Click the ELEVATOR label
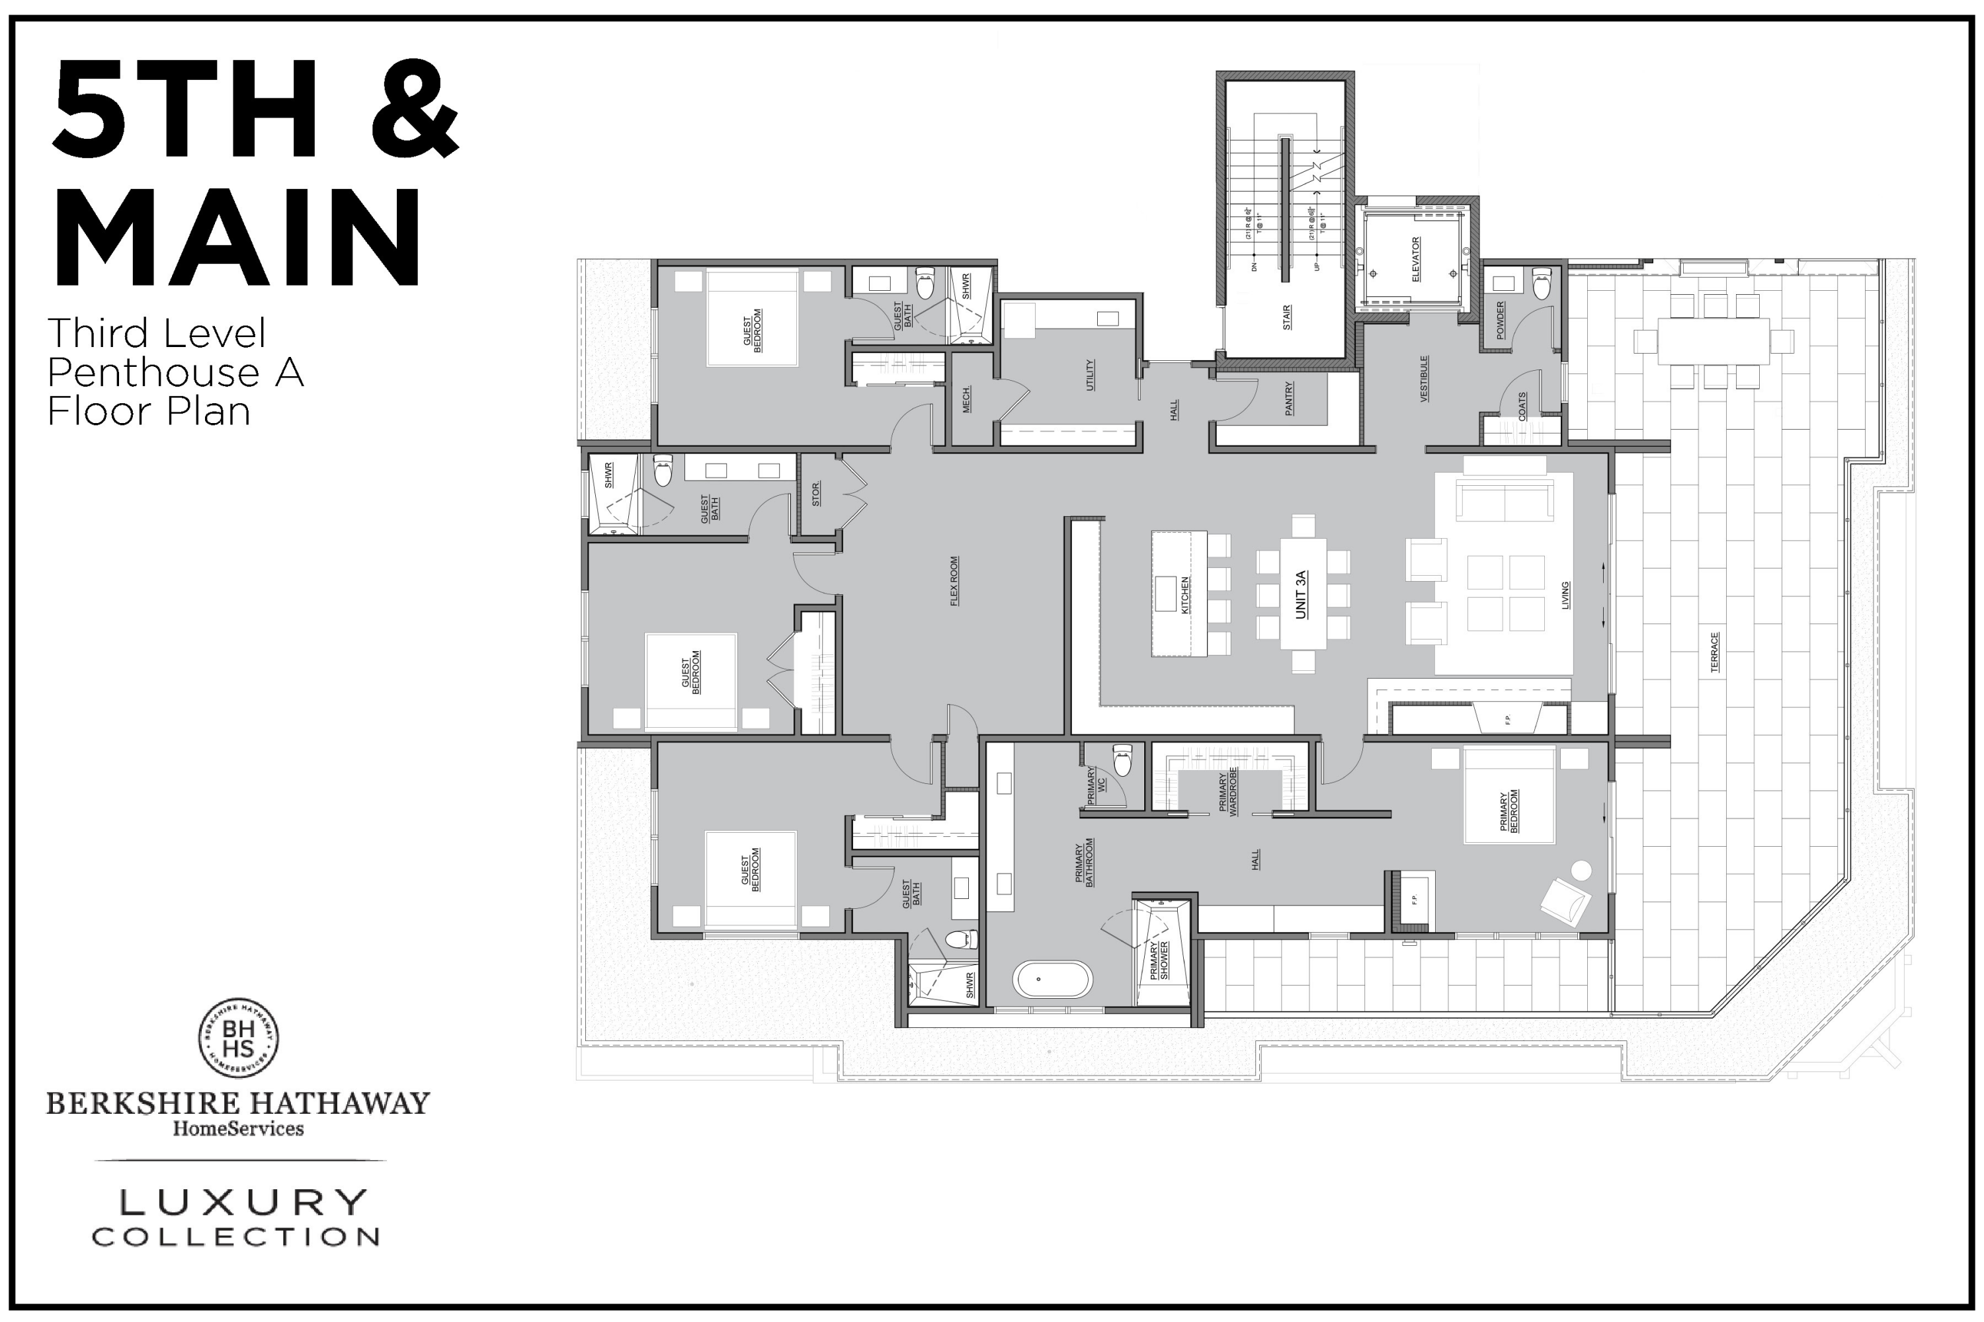click(x=1415, y=260)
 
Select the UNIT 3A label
click(x=1301, y=594)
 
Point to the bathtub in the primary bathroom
click(x=1053, y=980)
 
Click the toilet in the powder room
click(x=1541, y=284)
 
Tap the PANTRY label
click(x=1289, y=398)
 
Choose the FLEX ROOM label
click(x=954, y=581)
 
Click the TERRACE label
click(x=1714, y=652)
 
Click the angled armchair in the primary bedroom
click(x=1565, y=902)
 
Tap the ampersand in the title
click(x=416, y=110)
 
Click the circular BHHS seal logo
click(x=239, y=1038)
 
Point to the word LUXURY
click(x=243, y=1202)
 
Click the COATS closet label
click(x=1522, y=407)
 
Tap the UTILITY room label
click(x=1090, y=375)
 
